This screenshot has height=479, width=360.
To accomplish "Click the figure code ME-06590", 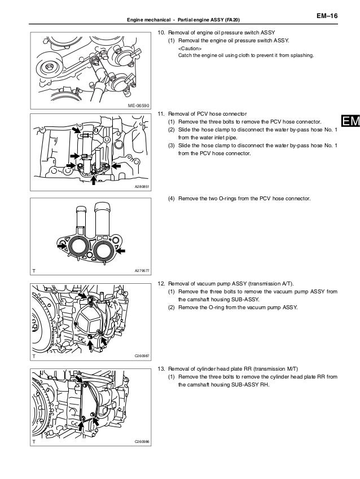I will coord(138,105).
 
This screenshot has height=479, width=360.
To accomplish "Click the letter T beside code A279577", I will coord(34,272).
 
